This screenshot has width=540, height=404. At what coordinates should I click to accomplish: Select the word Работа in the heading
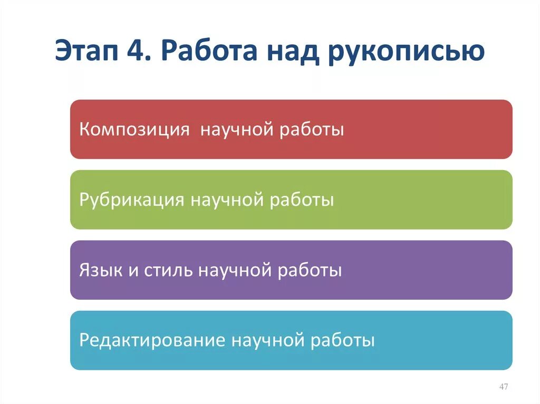tap(210, 53)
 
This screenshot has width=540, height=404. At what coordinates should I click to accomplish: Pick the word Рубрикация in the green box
tap(132, 200)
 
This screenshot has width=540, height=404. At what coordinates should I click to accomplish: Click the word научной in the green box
tap(227, 200)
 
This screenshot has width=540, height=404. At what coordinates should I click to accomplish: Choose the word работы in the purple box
tap(311, 271)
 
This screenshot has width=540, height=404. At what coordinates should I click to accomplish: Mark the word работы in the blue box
tap(344, 340)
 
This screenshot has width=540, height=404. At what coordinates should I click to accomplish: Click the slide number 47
tap(503, 387)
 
